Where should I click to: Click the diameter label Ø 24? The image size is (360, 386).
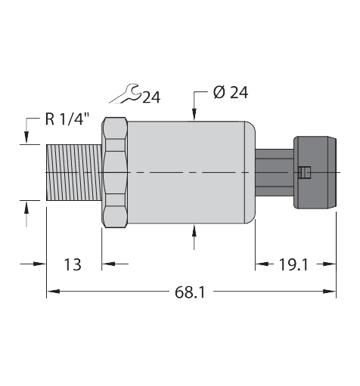click(231, 92)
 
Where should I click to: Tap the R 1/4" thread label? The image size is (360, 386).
click(68, 118)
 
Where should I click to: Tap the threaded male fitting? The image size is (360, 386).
click(73, 173)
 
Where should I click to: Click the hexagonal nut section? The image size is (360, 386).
click(115, 173)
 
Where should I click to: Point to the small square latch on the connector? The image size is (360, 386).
click(305, 173)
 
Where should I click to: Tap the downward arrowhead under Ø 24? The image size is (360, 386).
click(195, 115)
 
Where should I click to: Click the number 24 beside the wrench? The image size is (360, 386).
click(151, 96)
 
